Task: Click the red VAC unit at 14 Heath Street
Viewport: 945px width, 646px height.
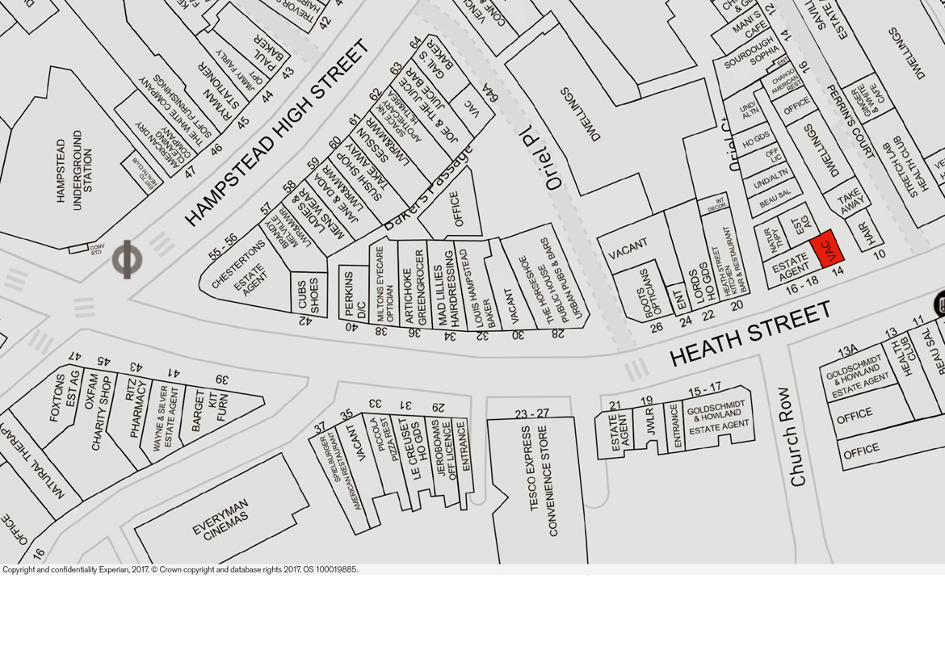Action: (x=827, y=249)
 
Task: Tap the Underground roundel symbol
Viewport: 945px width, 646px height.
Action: (x=127, y=259)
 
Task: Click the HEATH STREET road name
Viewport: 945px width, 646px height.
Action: (x=750, y=333)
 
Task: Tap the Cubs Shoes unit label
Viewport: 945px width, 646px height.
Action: (x=309, y=296)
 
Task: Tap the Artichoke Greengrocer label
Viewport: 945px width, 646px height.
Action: (x=414, y=287)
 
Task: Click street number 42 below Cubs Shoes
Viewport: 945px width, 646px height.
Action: (x=304, y=321)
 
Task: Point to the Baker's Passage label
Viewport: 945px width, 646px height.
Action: (x=428, y=191)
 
